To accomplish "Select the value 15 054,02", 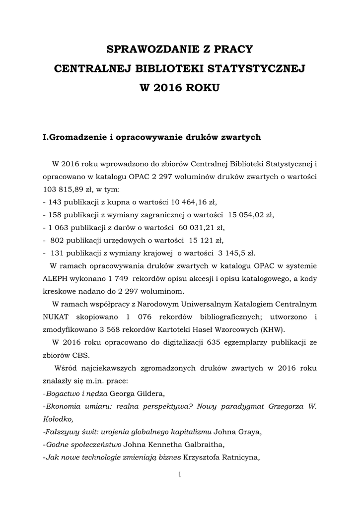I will pyautogui.click(x=247, y=215).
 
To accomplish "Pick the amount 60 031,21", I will pyautogui.click(x=197, y=228).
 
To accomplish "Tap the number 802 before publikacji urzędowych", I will pyautogui.click(x=57, y=241).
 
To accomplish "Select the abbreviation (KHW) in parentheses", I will pyautogui.click(x=267, y=329).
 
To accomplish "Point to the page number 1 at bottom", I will pyautogui.click(x=179, y=475).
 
